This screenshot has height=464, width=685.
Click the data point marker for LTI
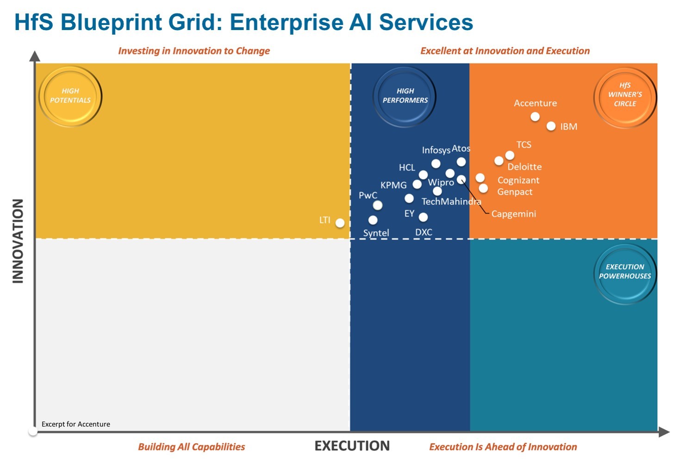[340, 223]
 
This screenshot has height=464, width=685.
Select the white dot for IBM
[551, 126]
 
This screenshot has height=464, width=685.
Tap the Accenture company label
[535, 103]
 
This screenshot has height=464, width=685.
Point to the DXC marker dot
[423, 217]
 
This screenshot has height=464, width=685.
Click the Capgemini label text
[513, 214]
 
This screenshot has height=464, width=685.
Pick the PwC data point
[378, 205]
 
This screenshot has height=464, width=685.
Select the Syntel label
[376, 233]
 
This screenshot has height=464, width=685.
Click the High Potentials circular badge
[70, 96]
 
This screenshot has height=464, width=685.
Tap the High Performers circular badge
[405, 96]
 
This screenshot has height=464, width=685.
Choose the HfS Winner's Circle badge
[625, 96]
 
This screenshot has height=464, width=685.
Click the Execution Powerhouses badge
[625, 272]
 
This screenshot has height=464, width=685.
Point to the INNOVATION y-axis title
[18, 241]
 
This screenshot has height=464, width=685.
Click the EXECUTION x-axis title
[352, 446]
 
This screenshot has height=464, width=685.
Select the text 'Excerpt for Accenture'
[76, 424]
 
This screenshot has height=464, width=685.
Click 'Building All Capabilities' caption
[192, 447]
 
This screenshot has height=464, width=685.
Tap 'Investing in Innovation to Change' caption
[194, 51]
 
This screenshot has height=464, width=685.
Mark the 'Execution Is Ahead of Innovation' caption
[503, 447]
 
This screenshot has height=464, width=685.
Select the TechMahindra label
[451, 202]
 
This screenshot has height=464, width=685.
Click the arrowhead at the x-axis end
[664, 432]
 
